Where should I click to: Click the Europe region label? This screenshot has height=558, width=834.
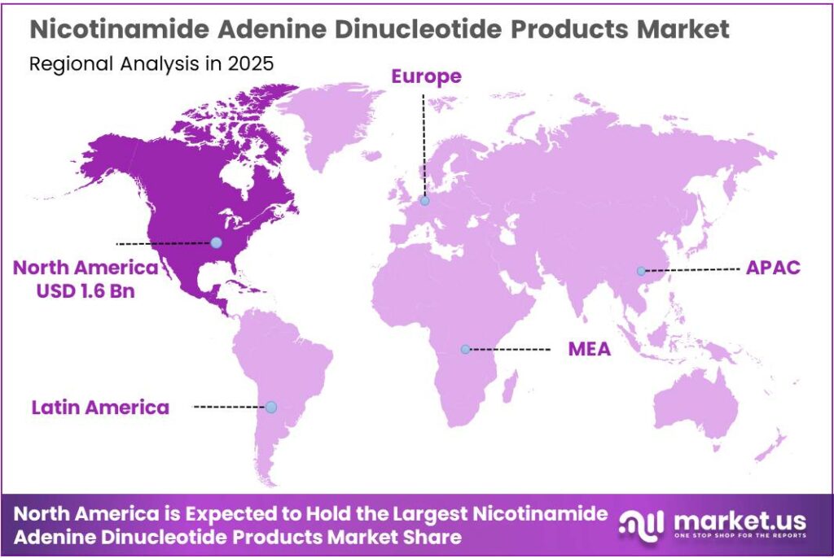pyautogui.click(x=426, y=76)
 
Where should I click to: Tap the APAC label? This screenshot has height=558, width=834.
pyautogui.click(x=773, y=268)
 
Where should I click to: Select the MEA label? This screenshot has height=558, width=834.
pyautogui.click(x=589, y=350)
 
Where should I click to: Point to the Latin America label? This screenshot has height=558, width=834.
pyautogui.click(x=101, y=407)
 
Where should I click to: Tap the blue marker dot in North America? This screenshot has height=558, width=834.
pyautogui.click(x=216, y=242)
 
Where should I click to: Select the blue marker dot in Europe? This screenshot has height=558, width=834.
pyautogui.click(x=424, y=200)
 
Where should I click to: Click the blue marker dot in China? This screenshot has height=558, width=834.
pyautogui.click(x=641, y=271)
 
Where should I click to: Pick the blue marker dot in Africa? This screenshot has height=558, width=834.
pyautogui.click(x=465, y=349)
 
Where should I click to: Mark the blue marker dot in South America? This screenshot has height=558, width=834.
pyautogui.click(x=271, y=407)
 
